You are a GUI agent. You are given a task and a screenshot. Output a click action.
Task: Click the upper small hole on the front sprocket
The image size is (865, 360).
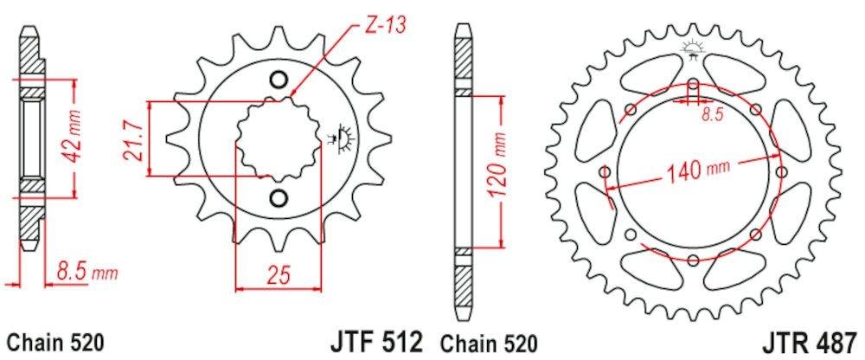click(x=279, y=80)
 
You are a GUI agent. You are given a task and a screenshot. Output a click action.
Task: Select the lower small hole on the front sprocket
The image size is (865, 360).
click(x=279, y=198)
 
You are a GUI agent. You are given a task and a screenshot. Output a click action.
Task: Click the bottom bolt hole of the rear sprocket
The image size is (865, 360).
click(x=693, y=260)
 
